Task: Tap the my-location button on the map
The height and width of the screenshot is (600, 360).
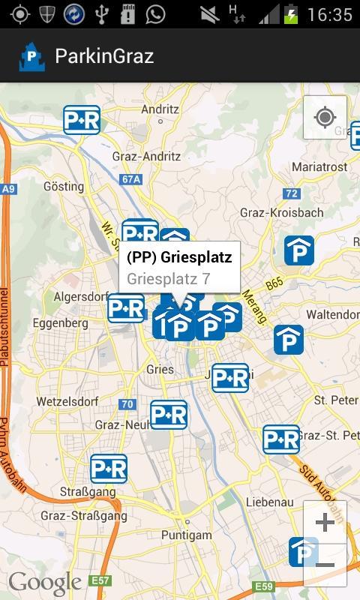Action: [x=325, y=118]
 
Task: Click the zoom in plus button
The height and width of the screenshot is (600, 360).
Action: [x=325, y=522]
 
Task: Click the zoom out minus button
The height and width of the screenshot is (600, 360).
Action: [x=325, y=565]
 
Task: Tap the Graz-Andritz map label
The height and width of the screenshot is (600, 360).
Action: [x=146, y=157]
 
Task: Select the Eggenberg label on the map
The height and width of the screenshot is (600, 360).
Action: [x=60, y=323]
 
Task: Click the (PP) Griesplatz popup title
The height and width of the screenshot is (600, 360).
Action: [x=179, y=257]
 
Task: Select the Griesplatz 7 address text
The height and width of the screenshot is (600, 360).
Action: [x=168, y=279]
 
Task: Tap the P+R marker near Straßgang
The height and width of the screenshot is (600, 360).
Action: [x=109, y=469]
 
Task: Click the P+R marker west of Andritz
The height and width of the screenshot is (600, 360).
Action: [x=82, y=119]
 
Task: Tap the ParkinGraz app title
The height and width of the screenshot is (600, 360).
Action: [x=104, y=56]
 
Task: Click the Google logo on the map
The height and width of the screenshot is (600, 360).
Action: [x=45, y=583]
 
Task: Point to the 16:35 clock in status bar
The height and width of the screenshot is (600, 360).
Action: [x=329, y=14]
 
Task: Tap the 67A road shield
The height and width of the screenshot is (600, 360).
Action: [x=131, y=179]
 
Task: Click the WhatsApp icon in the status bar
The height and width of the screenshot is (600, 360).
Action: [x=155, y=13]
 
